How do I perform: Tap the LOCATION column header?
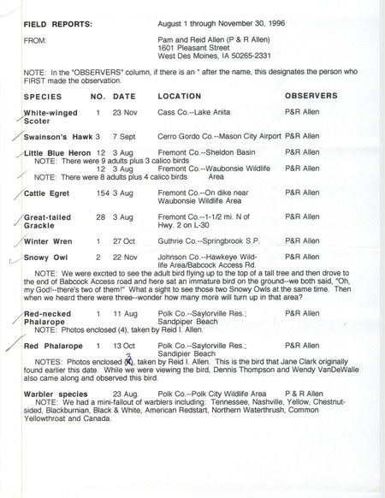click(182, 96)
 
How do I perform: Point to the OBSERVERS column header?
click(313, 96)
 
